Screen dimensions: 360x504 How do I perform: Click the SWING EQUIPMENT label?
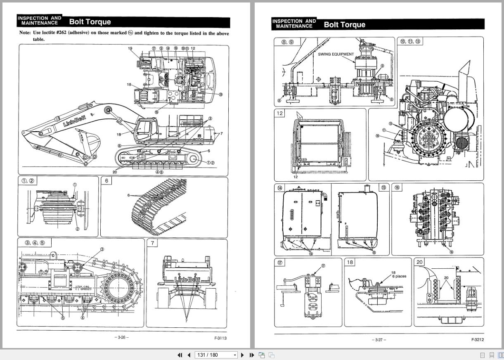(x=336, y=54)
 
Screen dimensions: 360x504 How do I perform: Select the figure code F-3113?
(x=220, y=338)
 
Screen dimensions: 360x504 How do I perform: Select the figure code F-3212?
(x=478, y=340)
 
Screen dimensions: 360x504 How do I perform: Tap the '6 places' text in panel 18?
(x=399, y=276)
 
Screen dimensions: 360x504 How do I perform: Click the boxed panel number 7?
(x=152, y=243)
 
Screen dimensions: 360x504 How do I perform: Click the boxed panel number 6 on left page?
(x=106, y=180)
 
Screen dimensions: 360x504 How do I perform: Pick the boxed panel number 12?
(x=279, y=113)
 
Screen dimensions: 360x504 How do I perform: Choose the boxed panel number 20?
(x=419, y=262)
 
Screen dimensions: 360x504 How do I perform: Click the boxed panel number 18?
(x=350, y=262)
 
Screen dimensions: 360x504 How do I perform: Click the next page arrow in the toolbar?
(x=243, y=355)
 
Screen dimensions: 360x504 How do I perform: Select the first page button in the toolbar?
(x=180, y=355)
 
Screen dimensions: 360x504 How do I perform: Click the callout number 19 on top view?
(x=130, y=48)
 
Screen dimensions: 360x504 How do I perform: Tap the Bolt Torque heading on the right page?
(x=344, y=24)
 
